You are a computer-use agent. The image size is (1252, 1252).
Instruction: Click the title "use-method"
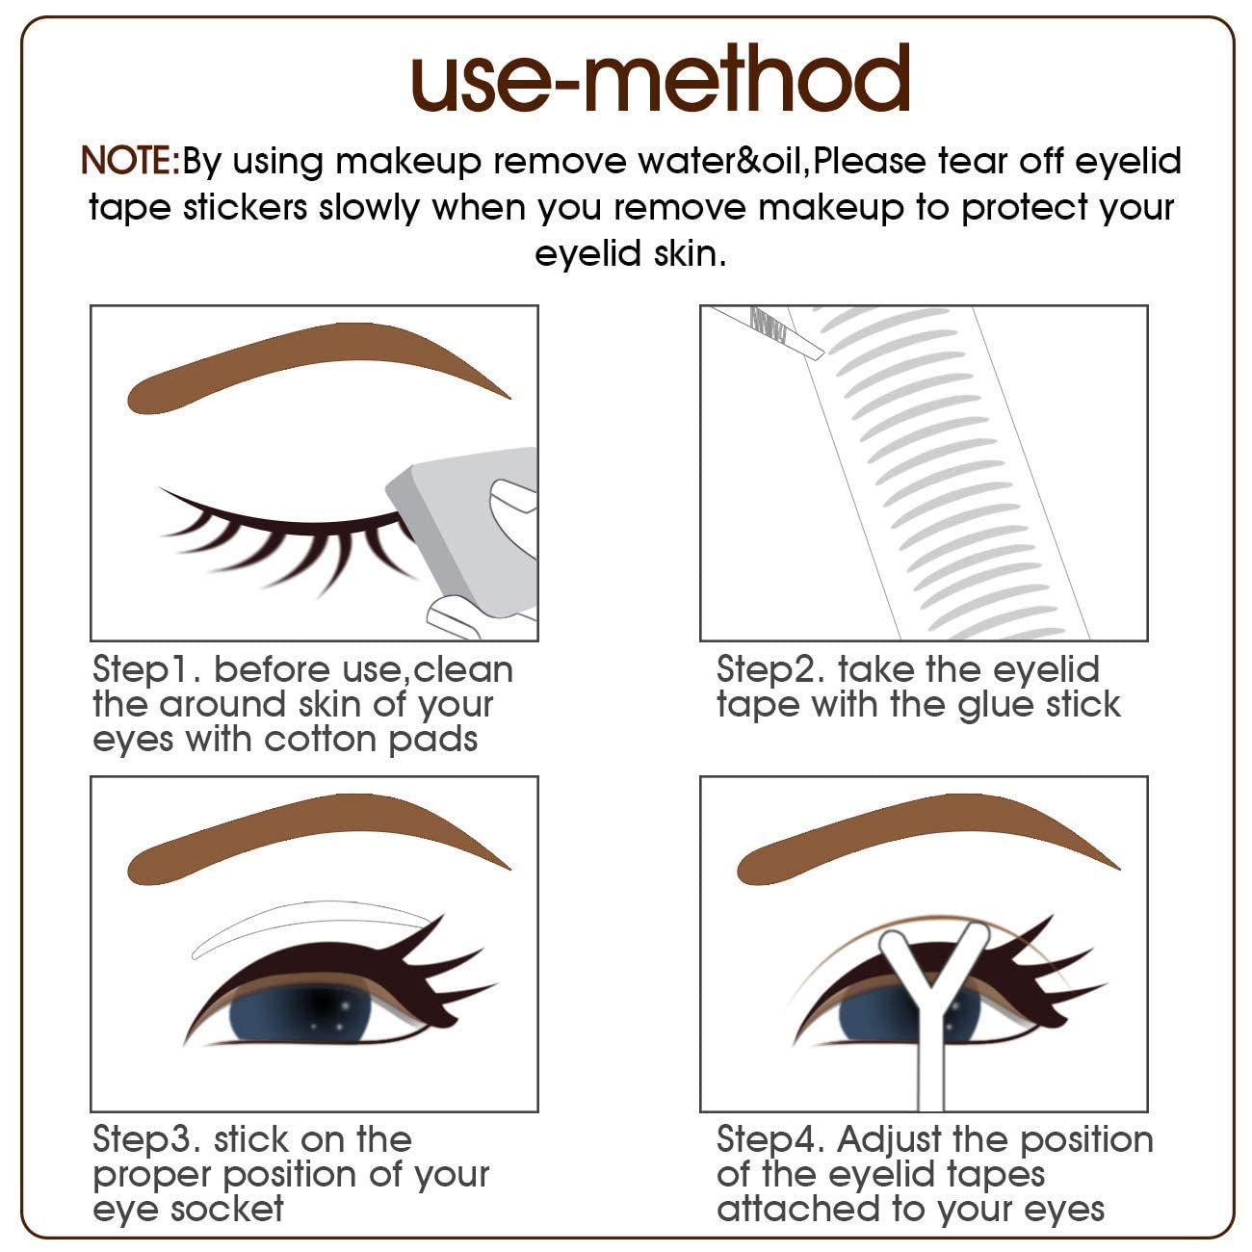[661, 79]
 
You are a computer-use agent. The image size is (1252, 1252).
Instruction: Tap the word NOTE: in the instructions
[130, 160]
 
